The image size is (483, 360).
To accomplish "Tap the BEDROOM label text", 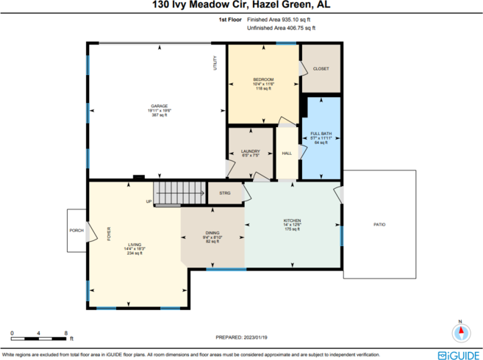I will point(263,79).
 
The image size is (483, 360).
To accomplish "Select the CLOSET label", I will point(321,68).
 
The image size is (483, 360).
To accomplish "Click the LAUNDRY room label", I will point(250,151).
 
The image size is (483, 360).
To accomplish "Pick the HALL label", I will point(287,154).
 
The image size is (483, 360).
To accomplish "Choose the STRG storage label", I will point(224,192).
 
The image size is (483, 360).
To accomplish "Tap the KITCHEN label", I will point(293,220).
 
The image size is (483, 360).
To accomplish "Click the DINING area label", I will point(212,233).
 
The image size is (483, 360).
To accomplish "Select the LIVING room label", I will point(135,245).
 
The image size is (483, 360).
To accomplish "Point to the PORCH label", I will point(76,230).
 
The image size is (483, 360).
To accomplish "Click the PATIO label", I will point(379,224).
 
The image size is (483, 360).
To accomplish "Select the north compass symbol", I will point(461,332).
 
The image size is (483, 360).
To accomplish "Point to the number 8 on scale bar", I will point(66,333).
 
